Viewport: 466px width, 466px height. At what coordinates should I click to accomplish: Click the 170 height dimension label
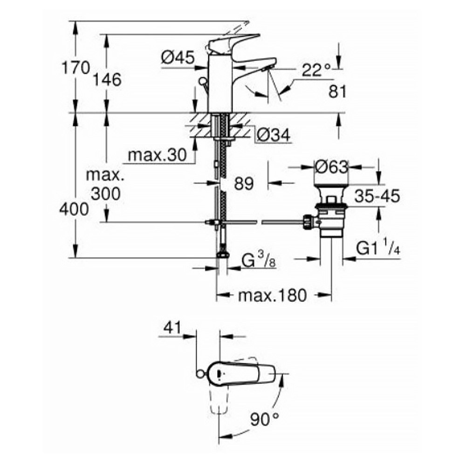coord(76,68)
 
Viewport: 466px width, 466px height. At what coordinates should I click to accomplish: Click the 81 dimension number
coord(337,92)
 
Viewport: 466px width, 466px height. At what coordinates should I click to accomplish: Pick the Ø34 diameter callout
coord(274,136)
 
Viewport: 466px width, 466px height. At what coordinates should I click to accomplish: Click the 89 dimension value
coord(244,184)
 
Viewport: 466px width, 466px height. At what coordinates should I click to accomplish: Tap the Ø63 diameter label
coord(331,166)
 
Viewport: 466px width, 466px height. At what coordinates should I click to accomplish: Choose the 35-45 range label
coord(377,196)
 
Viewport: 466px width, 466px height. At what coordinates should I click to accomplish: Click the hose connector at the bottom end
coord(222,254)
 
